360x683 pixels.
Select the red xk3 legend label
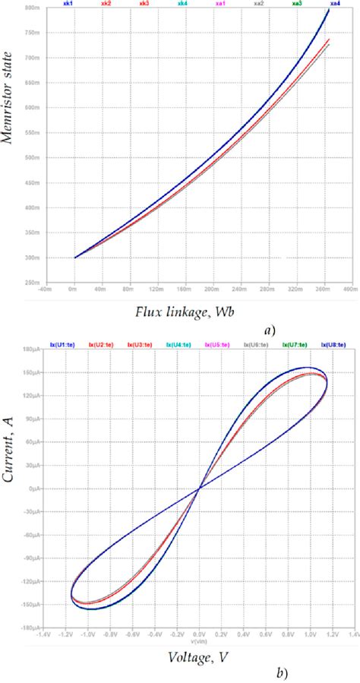point(144,4)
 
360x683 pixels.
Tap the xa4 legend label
point(335,4)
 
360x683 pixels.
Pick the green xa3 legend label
point(297,4)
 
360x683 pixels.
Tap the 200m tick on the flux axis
point(212,289)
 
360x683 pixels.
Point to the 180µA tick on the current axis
point(32,351)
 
